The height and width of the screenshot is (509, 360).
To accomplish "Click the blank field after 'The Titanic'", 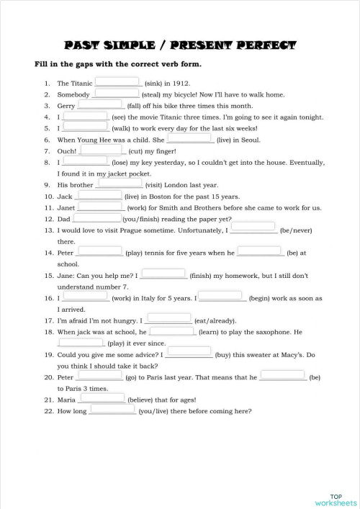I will click(x=118, y=82).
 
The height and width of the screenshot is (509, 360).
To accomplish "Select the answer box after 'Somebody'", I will click(x=117, y=93).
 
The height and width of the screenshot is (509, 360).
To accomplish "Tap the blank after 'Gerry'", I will click(x=101, y=104).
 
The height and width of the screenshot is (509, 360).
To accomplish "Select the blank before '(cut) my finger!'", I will click(x=102, y=150).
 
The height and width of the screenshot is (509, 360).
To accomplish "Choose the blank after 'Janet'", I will click(x=99, y=206).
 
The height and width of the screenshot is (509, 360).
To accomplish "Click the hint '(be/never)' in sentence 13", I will click(x=296, y=231).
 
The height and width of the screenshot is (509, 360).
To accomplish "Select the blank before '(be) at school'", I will click(x=260, y=252).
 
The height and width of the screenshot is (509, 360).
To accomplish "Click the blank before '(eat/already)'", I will click(x=168, y=318).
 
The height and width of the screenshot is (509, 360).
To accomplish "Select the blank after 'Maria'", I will click(x=102, y=397).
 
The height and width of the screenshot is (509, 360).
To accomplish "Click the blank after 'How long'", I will click(x=112, y=410).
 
